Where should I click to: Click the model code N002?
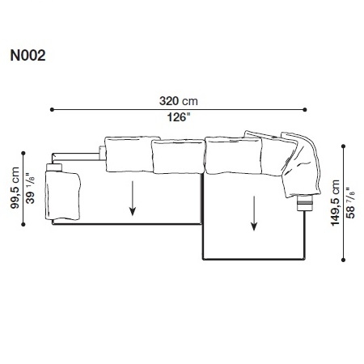point(28,57)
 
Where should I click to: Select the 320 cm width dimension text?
point(179,102)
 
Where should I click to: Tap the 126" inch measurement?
point(179,115)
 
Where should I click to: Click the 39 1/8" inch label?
point(29,188)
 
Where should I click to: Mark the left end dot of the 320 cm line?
point(51,108)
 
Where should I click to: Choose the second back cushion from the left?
point(178,155)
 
